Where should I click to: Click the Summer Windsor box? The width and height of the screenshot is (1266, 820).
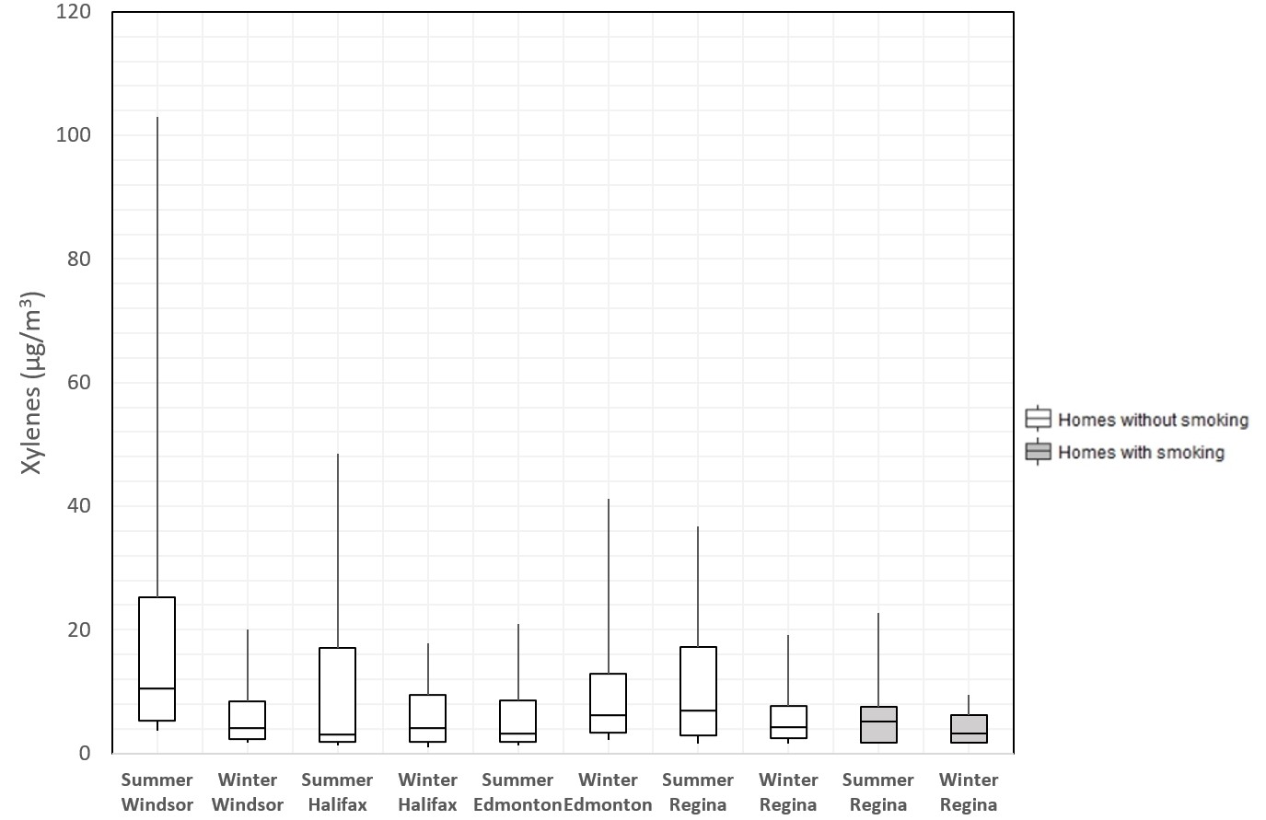pyautogui.click(x=157, y=659)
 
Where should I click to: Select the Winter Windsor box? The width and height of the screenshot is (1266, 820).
pyautogui.click(x=248, y=720)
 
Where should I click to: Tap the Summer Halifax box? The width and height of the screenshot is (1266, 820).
pyautogui.click(x=337, y=695)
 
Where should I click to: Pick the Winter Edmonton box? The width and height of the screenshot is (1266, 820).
pyautogui.click(x=608, y=703)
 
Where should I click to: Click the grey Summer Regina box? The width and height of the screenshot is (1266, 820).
pyautogui.click(x=878, y=724)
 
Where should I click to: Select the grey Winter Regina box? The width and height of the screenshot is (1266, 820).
pyautogui.click(x=969, y=728)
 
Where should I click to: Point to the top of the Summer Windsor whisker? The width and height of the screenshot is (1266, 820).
pyautogui.click(x=157, y=118)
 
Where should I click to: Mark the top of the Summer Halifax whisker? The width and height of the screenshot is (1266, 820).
pyautogui.click(x=338, y=455)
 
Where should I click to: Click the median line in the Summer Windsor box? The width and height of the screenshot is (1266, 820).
pyautogui.click(x=157, y=688)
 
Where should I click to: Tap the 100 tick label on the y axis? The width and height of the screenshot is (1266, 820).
pyautogui.click(x=74, y=135)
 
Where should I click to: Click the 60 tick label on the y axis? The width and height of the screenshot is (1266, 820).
pyautogui.click(x=79, y=382)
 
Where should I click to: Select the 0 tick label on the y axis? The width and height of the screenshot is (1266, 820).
pyautogui.click(x=85, y=753)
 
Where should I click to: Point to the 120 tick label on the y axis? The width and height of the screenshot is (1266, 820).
pyautogui.click(x=74, y=12)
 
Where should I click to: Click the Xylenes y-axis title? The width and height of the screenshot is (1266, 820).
pyautogui.click(x=32, y=383)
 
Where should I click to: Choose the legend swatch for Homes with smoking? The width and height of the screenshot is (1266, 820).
pyautogui.click(x=1038, y=452)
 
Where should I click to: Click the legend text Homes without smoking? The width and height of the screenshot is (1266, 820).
pyautogui.click(x=1153, y=420)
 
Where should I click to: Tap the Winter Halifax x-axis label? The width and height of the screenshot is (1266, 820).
pyautogui.click(x=427, y=791)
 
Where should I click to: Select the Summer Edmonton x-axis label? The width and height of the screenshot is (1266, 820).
pyautogui.click(x=517, y=791)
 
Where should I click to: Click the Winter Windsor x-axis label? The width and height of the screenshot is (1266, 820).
pyautogui.click(x=248, y=791)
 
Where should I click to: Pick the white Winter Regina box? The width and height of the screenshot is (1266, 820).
pyautogui.click(x=788, y=722)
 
